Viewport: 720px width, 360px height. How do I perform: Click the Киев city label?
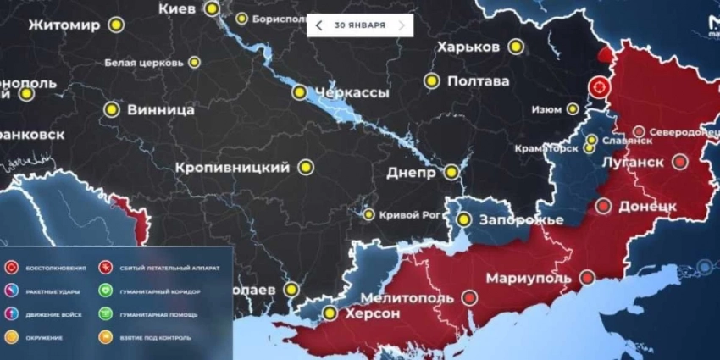[x=178, y=8]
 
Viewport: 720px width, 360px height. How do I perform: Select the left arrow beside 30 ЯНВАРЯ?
[x=318, y=25]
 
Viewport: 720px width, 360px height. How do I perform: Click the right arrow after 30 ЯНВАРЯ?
[x=402, y=25]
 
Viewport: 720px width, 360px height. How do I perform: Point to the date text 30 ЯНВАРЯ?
[x=360, y=25]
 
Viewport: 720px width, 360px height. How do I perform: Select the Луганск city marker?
[x=679, y=161]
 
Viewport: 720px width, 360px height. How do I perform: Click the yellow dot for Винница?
[x=111, y=109]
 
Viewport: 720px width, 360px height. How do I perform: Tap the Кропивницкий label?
[x=233, y=168]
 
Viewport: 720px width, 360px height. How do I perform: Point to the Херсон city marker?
[x=330, y=313]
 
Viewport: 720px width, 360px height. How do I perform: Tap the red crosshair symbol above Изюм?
[x=599, y=87]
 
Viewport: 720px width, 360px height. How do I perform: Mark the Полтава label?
[x=479, y=81]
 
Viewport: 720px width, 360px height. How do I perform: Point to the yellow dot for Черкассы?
[x=299, y=92]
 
